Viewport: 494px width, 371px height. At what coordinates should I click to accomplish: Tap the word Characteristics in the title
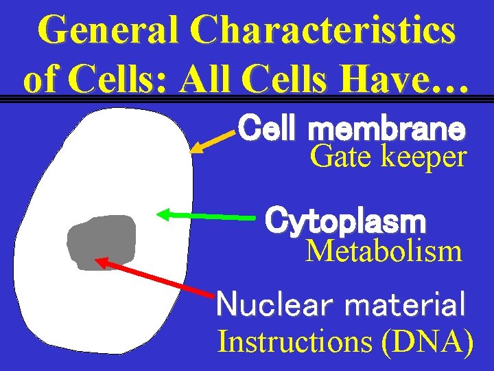(x=322, y=31)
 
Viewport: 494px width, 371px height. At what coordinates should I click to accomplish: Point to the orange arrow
(x=213, y=138)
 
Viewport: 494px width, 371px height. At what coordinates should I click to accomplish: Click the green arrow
(x=206, y=216)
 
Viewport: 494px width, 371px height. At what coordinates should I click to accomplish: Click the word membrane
(x=387, y=128)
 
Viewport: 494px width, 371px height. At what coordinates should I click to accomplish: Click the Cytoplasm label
(x=346, y=221)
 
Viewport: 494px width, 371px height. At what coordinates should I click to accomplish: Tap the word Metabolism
(x=384, y=251)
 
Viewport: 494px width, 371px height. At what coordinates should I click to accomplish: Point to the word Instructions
(x=295, y=341)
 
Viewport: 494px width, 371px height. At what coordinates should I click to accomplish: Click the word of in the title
(x=41, y=80)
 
